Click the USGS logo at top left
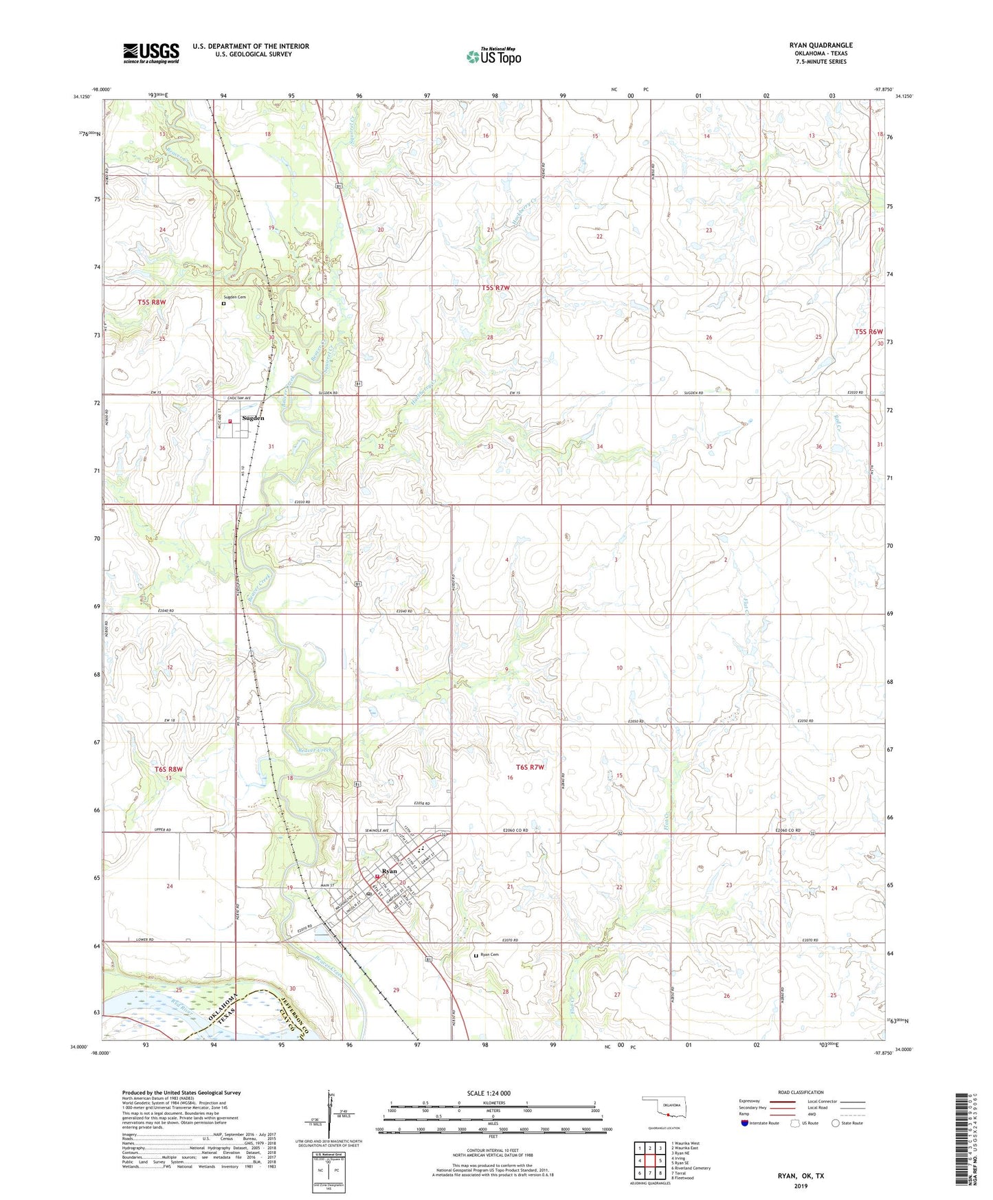coord(150,53)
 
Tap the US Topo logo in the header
coord(493,56)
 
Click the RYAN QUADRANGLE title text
coord(821,45)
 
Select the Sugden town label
coord(253,418)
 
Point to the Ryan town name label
coord(390,871)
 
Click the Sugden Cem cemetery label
coord(234,297)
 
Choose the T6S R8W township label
coord(168,769)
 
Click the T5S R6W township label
coord(869,332)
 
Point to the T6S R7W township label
coord(530,767)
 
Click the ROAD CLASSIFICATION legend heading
coord(801,1092)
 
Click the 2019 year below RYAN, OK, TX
coord(801,1186)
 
